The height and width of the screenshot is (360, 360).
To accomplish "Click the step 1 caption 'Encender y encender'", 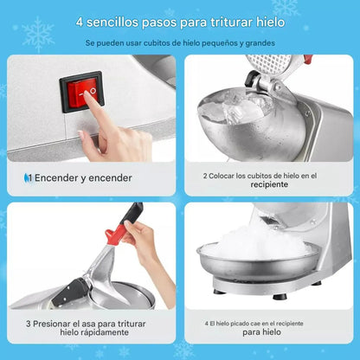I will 82,178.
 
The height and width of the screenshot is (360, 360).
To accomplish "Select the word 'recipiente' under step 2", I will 269,184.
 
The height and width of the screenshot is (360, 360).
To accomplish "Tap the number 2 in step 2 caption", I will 205,175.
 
